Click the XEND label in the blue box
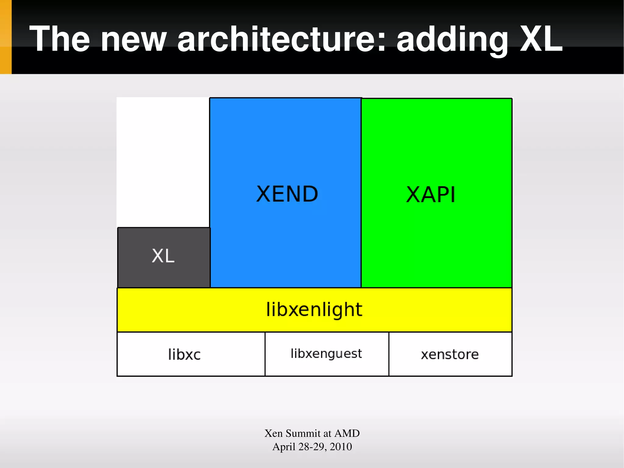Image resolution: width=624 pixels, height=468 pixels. pyautogui.click(x=287, y=194)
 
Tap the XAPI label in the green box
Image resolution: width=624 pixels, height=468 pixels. pyautogui.click(x=431, y=195)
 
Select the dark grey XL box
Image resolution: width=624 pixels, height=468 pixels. pyautogui.click(x=164, y=257)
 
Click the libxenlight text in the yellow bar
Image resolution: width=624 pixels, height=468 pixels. pyautogui.click(x=314, y=310)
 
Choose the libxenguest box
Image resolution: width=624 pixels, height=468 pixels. pyautogui.click(x=327, y=354)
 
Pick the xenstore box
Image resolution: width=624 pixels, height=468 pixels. pyautogui.click(x=450, y=354)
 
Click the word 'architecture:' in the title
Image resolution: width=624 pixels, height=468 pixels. pyautogui.click(x=282, y=39)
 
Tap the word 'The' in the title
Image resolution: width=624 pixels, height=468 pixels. pyautogui.click(x=60, y=39)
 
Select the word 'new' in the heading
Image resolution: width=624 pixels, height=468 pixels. pyautogui.click(x=133, y=39)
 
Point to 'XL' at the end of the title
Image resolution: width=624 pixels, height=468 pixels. pyautogui.click(x=541, y=39)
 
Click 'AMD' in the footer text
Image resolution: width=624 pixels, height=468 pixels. pyautogui.click(x=347, y=433)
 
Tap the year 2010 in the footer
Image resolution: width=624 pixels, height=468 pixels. pyautogui.click(x=341, y=447)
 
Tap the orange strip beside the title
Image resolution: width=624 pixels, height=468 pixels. pyautogui.click(x=5, y=37)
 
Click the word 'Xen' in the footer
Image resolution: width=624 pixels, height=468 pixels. pyautogui.click(x=273, y=433)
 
